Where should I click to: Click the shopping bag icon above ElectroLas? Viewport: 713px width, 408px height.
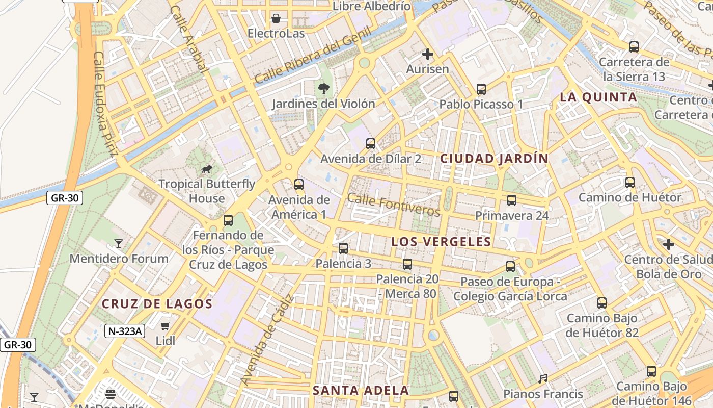click(x=276, y=19)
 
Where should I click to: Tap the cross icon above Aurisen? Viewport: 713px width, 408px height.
click(x=428, y=54)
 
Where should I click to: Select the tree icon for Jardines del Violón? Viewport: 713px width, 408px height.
click(x=323, y=89)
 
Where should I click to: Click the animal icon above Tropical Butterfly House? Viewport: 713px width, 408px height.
click(x=207, y=169)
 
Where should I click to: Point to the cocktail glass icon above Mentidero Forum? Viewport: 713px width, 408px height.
click(x=119, y=244)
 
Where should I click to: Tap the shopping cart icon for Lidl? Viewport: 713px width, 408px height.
click(x=165, y=326)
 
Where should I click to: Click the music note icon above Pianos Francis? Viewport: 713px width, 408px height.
click(x=543, y=379)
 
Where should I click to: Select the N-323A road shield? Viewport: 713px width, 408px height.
click(x=125, y=331)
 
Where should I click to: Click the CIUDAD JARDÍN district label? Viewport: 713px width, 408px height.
click(x=494, y=159)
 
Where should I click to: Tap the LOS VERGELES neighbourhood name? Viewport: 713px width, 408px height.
click(x=441, y=242)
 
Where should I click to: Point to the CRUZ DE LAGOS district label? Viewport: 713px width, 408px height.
click(x=157, y=304)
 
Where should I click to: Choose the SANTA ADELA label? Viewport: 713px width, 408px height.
click(x=361, y=391)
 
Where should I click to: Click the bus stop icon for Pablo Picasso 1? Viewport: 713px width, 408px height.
click(x=481, y=89)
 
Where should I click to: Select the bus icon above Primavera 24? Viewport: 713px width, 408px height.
click(x=512, y=200)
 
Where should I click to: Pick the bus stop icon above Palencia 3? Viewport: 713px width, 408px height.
click(x=343, y=248)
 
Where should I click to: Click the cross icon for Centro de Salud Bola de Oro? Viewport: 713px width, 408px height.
click(x=669, y=245)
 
